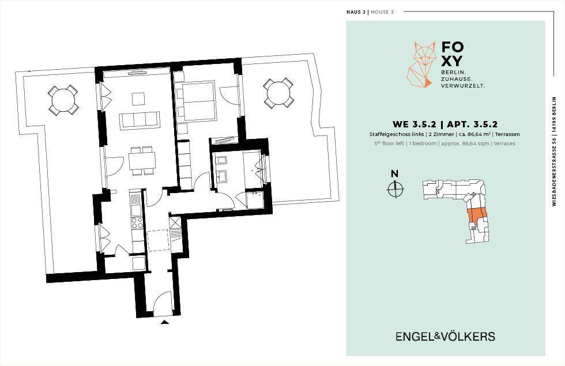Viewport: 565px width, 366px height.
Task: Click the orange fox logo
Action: [x=420, y=65]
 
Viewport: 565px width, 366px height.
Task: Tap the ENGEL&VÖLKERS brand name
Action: [x=445, y=337]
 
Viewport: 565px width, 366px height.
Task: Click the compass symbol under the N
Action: [x=395, y=188]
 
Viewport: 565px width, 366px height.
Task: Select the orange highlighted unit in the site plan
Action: [x=477, y=214]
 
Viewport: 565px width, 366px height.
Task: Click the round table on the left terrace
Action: [x=63, y=100]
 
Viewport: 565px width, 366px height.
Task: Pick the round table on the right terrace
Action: [x=278, y=93]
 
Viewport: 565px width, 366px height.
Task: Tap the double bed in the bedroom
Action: [x=195, y=101]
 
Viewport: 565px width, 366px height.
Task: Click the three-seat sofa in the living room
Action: [x=139, y=120]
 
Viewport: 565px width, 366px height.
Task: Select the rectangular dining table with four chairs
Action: [x=142, y=161]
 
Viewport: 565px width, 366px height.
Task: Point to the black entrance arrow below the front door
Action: [x=165, y=323]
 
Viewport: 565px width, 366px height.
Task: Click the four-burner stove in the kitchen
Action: [x=137, y=224]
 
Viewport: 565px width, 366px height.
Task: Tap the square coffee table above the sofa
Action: [x=138, y=99]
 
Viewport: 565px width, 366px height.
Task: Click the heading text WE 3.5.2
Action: [x=415, y=124]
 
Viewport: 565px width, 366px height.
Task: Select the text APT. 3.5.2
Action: [x=472, y=124]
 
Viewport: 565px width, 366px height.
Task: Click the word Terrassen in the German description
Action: [x=507, y=134]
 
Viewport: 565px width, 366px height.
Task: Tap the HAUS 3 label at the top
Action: [x=356, y=12]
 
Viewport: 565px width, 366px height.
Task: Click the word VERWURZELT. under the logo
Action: [x=463, y=86]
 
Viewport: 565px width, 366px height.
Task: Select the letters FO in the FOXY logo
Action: [x=452, y=47]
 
